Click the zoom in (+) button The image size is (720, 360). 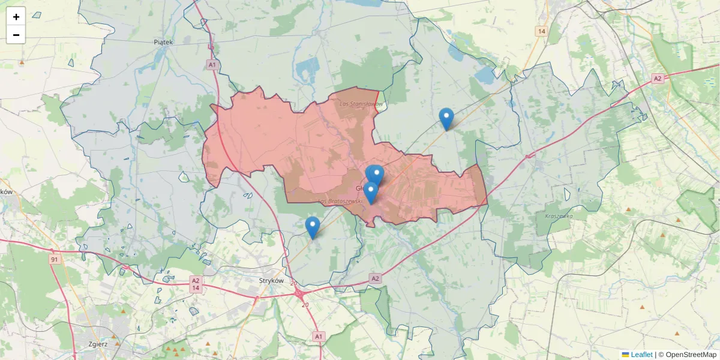tap(16, 17)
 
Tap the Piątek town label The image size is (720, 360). tap(163, 42)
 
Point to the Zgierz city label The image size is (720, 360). tap(97, 344)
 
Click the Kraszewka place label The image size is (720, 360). tap(559, 216)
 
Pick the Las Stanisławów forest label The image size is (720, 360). tap(361, 104)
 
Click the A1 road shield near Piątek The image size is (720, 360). tap(212, 64)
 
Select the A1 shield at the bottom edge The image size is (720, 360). tap(319, 337)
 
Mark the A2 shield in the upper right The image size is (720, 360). tap(658, 78)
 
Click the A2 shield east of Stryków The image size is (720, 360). tap(376, 278)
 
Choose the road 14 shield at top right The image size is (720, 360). tap(542, 31)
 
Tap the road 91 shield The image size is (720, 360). tap(55, 259)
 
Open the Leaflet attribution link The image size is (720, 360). tap(641, 355)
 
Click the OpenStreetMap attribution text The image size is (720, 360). tap(691, 355)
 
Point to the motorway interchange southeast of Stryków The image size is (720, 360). tap(298, 293)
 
